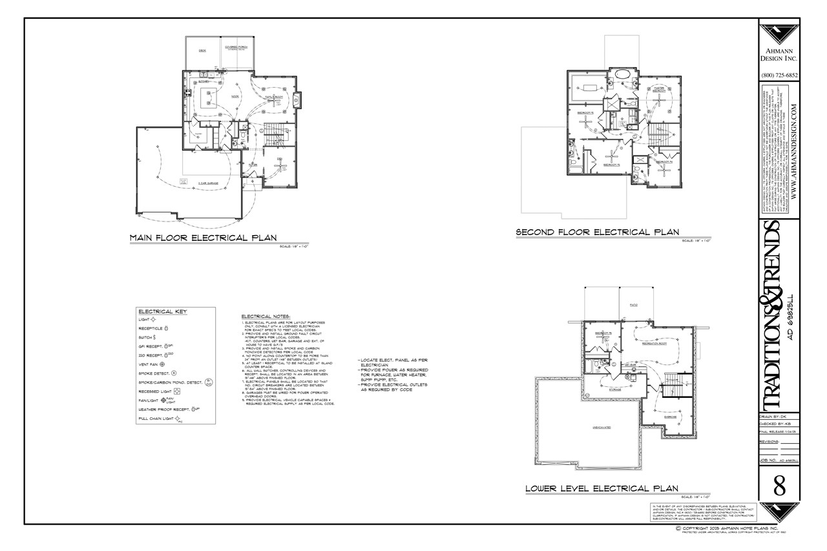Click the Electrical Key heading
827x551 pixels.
coord(162,311)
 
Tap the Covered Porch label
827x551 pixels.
coord(236,48)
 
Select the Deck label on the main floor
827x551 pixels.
coord(202,51)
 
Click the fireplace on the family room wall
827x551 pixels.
coord(297,99)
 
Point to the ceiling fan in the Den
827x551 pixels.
coord(280,166)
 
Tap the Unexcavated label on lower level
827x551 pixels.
coord(602,428)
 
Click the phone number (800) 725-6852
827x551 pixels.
coord(779,76)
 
